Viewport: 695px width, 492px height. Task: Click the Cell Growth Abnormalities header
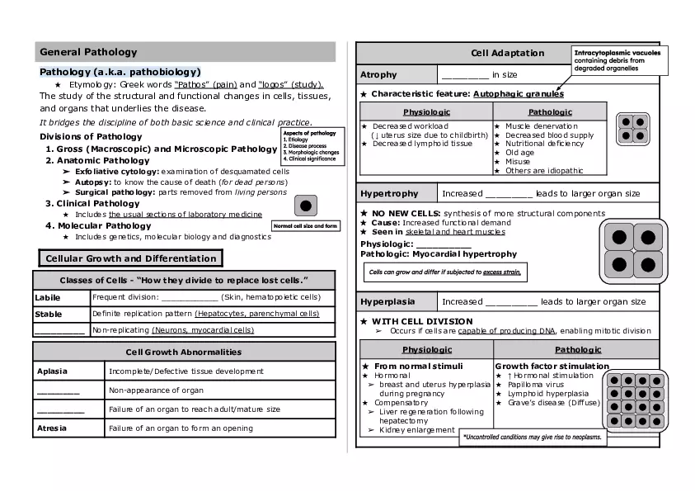pyautogui.click(x=184, y=352)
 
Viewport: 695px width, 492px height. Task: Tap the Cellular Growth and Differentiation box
pyautogui.click(x=131, y=258)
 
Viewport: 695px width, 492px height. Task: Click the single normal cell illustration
pyautogui.click(x=305, y=206)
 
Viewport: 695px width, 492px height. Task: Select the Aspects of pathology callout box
pyautogui.click(x=311, y=145)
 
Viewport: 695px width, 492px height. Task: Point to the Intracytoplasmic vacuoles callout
pyautogui.click(x=617, y=60)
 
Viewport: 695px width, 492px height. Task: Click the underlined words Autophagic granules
pyautogui.click(x=518, y=94)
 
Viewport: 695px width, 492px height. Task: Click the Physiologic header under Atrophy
pyautogui.click(x=426, y=111)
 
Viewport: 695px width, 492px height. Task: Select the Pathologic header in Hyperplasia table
pyautogui.click(x=577, y=350)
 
